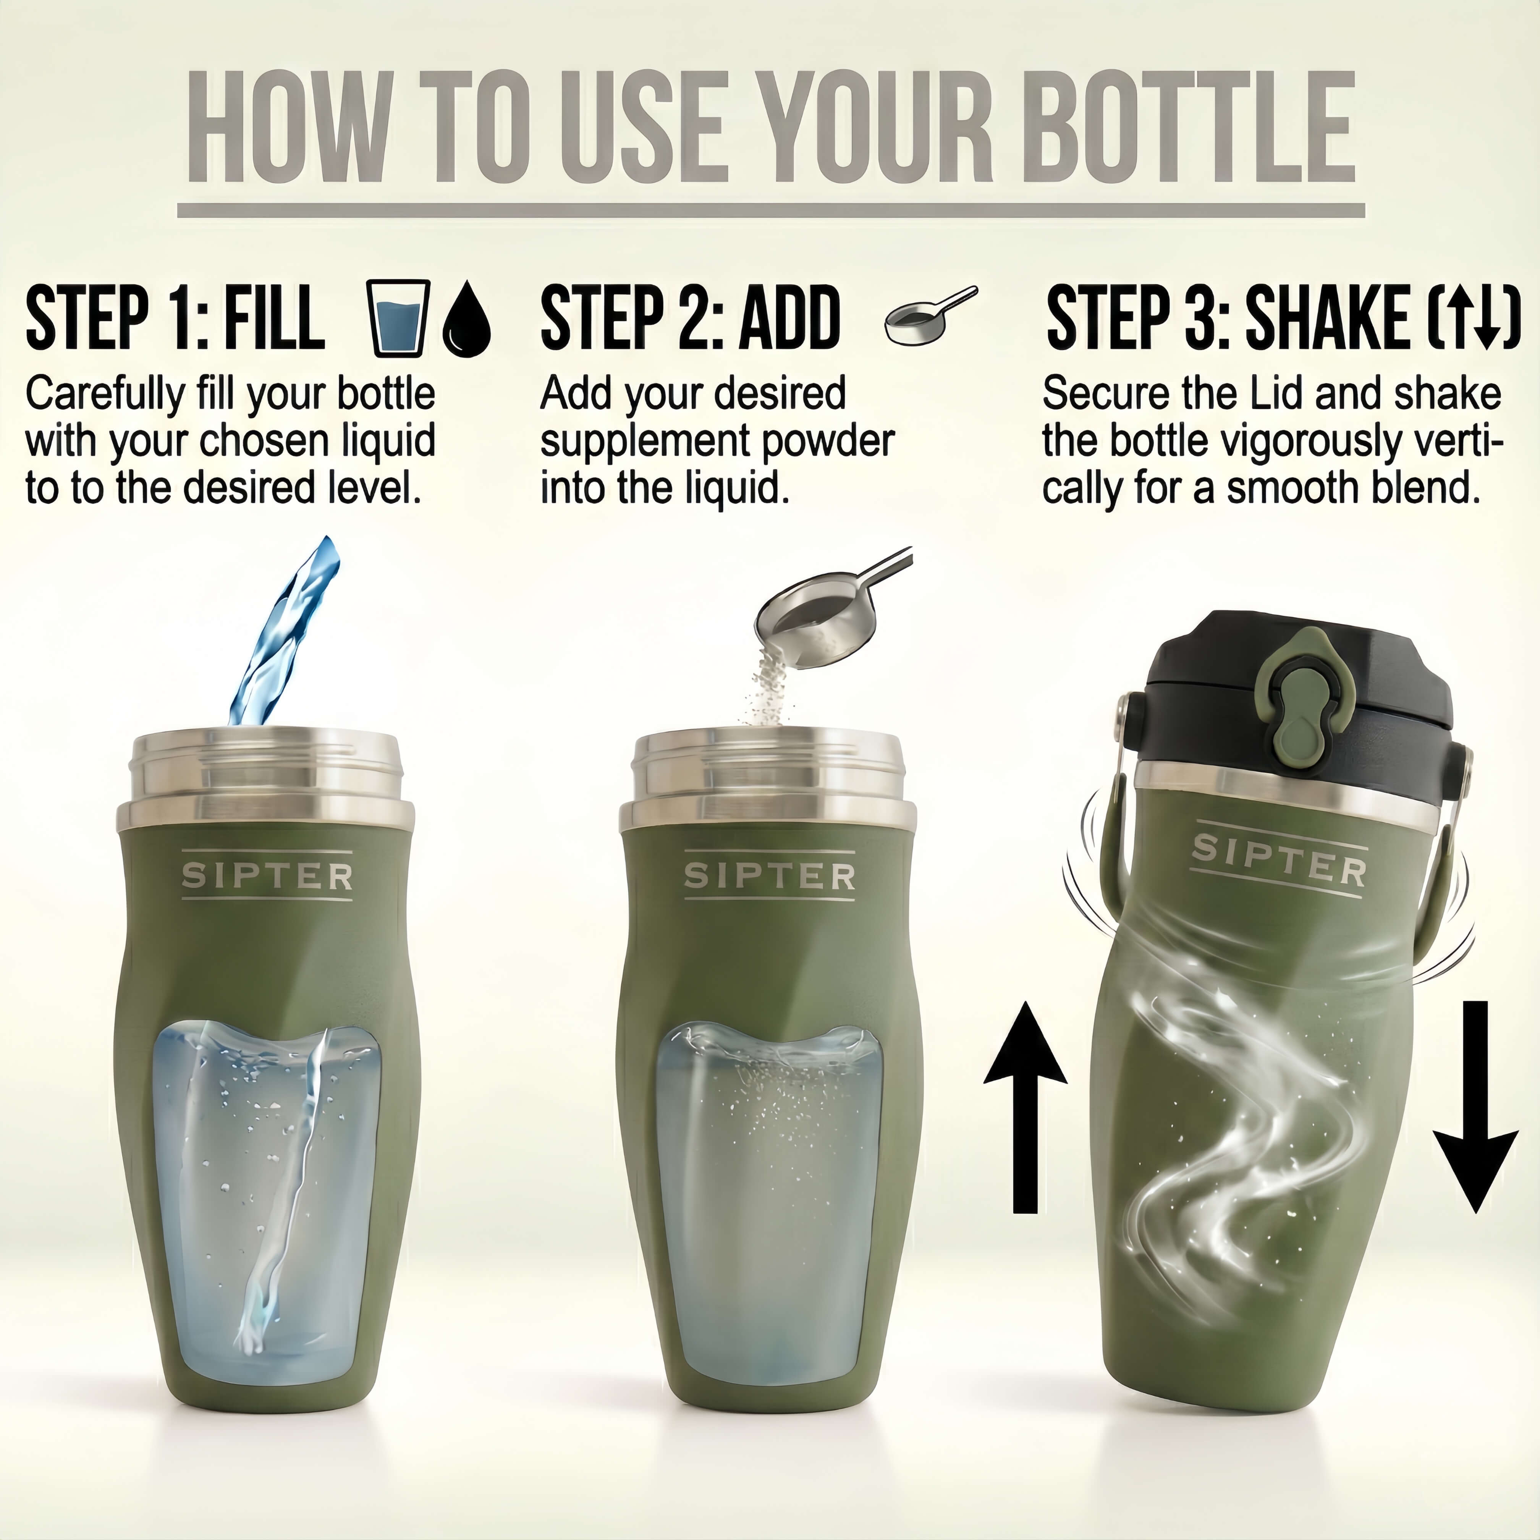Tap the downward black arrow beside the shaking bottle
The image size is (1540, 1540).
[x=1475, y=1116]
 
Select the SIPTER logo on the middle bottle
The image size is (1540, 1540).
[x=769, y=876]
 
